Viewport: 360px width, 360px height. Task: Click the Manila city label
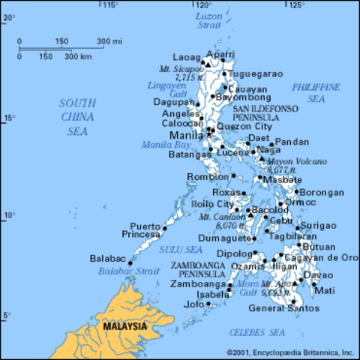187,136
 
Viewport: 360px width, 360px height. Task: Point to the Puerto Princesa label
145,230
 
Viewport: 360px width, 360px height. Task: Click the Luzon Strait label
209,19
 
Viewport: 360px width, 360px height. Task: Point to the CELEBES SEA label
257,331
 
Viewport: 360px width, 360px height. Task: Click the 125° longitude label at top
297,5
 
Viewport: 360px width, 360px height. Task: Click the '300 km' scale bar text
78,56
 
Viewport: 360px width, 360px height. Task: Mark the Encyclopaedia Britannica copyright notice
289,351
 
